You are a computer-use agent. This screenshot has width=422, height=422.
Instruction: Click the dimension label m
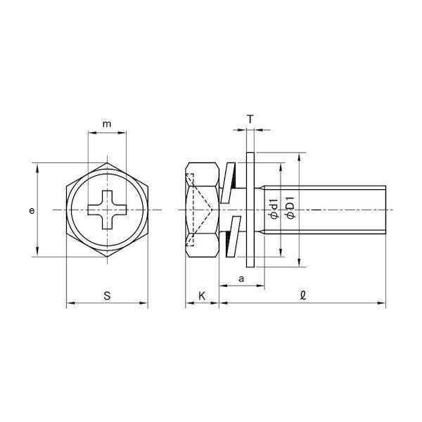(107, 124)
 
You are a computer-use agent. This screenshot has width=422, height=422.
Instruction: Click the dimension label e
(32, 210)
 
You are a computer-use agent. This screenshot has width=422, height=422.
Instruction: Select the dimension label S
(107, 296)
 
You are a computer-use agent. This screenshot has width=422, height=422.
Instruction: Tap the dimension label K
(202, 296)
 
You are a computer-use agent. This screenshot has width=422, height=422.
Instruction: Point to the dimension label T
(250, 119)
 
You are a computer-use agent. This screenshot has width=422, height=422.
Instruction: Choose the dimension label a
(241, 279)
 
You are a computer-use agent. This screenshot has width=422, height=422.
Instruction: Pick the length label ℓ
(303, 295)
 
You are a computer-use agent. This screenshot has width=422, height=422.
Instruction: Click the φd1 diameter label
(274, 210)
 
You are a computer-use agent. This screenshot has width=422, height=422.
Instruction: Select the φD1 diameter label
(291, 207)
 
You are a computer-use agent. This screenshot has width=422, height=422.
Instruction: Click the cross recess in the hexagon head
(107, 210)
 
